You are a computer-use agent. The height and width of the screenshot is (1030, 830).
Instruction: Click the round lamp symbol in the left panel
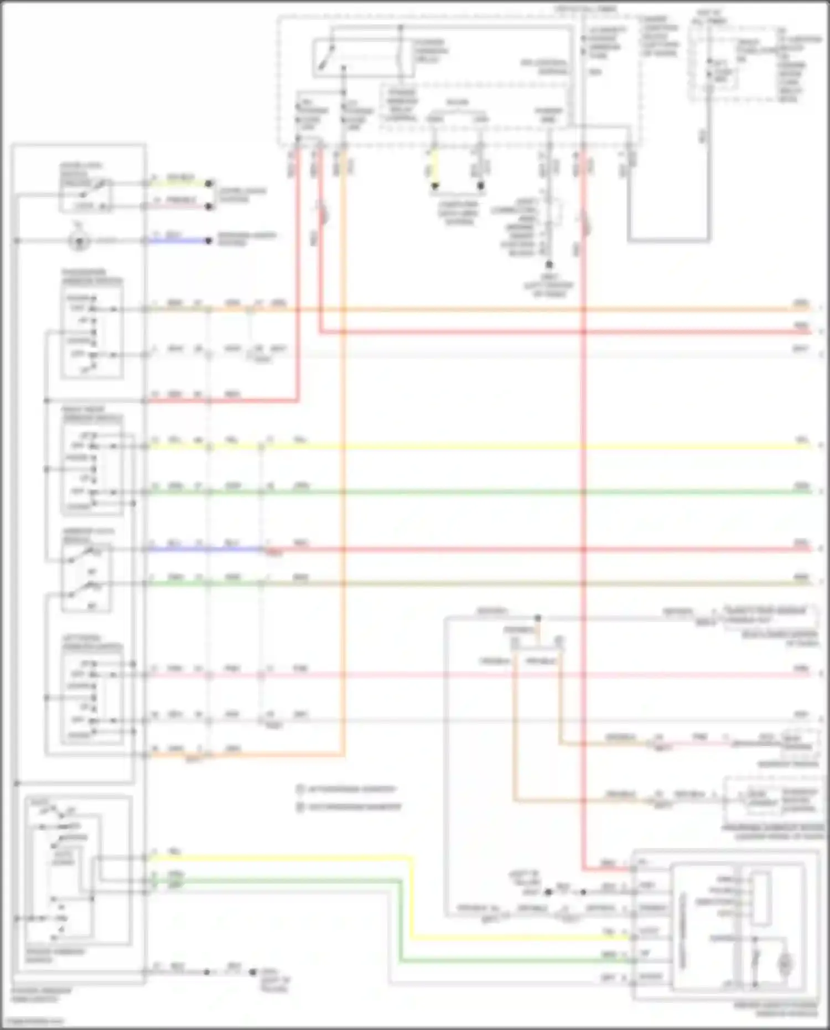click(x=79, y=241)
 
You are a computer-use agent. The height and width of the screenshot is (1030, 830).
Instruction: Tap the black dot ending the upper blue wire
click(x=209, y=241)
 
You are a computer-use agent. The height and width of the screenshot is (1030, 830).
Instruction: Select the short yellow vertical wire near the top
click(x=434, y=169)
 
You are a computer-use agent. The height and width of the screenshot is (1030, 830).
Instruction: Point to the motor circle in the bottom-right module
click(x=785, y=965)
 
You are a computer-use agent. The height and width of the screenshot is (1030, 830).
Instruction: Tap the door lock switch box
click(x=86, y=194)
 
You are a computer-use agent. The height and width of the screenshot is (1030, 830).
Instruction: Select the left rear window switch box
click(x=92, y=697)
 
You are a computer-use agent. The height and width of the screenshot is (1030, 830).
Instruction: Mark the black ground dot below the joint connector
click(x=549, y=265)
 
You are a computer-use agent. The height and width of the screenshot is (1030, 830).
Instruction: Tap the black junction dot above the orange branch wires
click(x=537, y=618)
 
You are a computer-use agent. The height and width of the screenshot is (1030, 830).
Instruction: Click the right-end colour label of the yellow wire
click(x=802, y=440)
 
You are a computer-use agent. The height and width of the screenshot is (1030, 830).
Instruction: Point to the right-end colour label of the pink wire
click(x=802, y=669)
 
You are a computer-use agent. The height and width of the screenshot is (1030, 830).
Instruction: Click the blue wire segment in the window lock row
click(x=205, y=550)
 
